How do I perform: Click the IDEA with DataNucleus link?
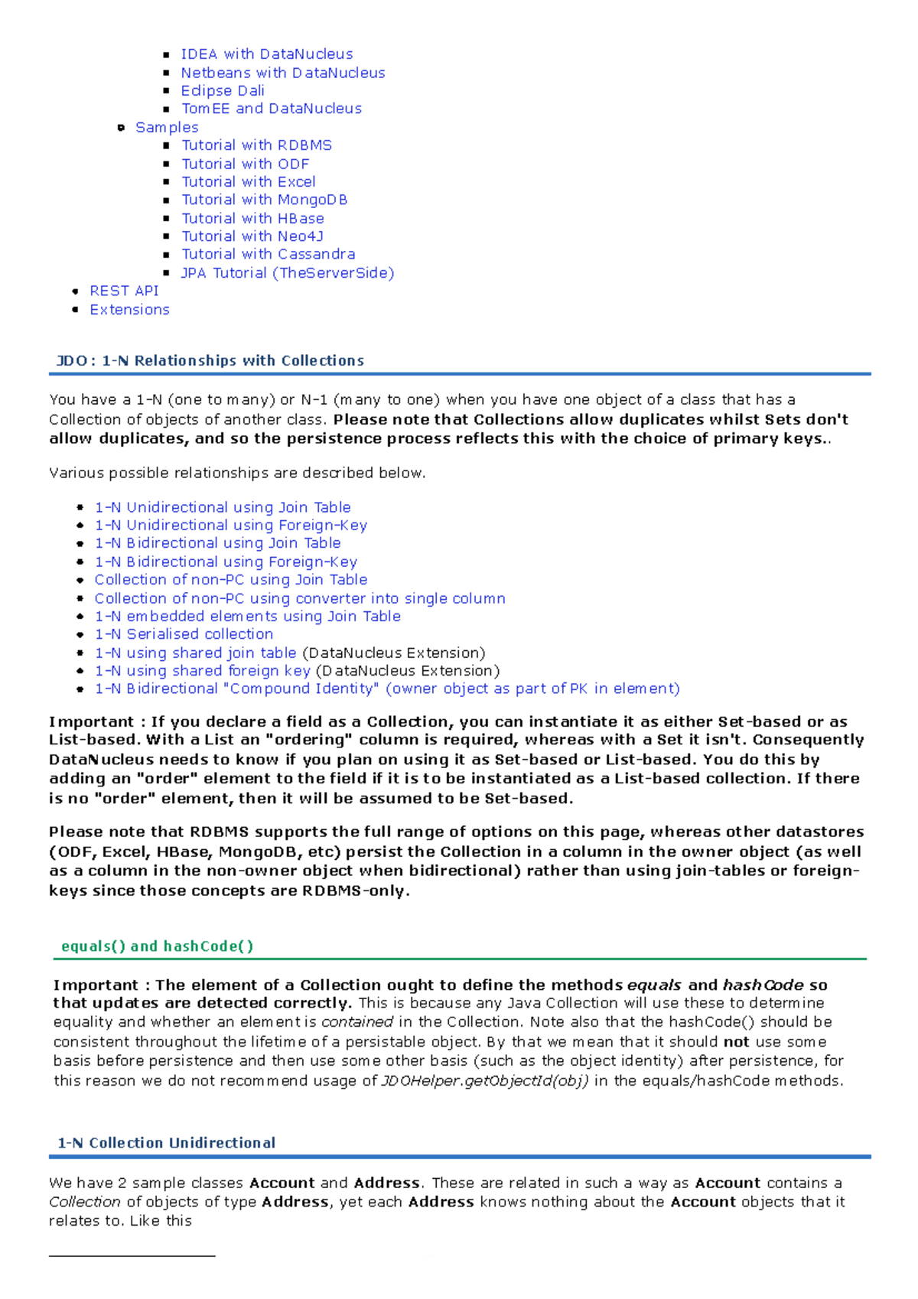point(266,54)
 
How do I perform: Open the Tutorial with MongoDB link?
point(264,200)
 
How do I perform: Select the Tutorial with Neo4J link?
point(252,236)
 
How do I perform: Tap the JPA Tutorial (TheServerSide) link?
point(287,273)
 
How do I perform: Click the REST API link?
point(124,291)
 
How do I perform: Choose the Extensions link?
point(129,310)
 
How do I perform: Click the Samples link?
point(167,128)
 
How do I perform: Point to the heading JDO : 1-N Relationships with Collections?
point(210,361)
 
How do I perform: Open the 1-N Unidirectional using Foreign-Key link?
point(230,526)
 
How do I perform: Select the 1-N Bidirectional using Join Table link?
point(217,543)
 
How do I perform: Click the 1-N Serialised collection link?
point(184,634)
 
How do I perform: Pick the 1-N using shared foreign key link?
point(202,671)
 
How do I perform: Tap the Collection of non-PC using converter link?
point(299,598)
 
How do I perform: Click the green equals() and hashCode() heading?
point(157,946)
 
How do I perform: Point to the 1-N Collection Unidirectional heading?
point(166,1143)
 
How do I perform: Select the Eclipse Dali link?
point(223,91)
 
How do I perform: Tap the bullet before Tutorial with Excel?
point(167,182)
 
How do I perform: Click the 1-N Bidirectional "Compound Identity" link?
point(386,689)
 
